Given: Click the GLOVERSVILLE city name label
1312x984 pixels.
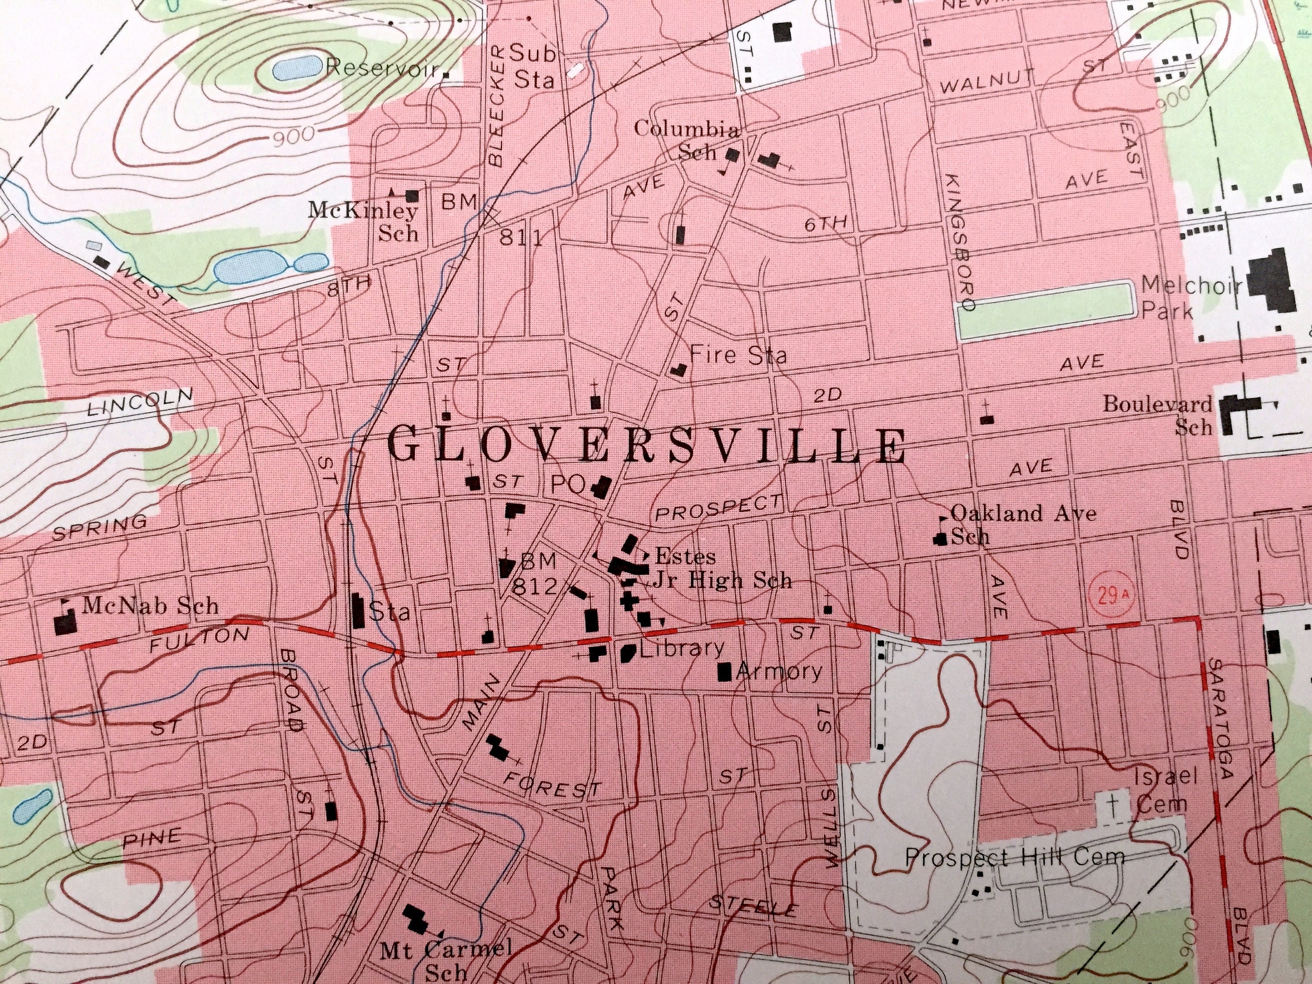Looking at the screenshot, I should [x=646, y=446].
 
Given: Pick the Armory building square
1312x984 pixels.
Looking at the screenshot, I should [x=724, y=672].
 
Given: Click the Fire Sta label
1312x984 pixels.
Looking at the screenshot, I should [x=739, y=356].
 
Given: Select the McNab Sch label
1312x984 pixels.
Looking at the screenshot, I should [x=150, y=606].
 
